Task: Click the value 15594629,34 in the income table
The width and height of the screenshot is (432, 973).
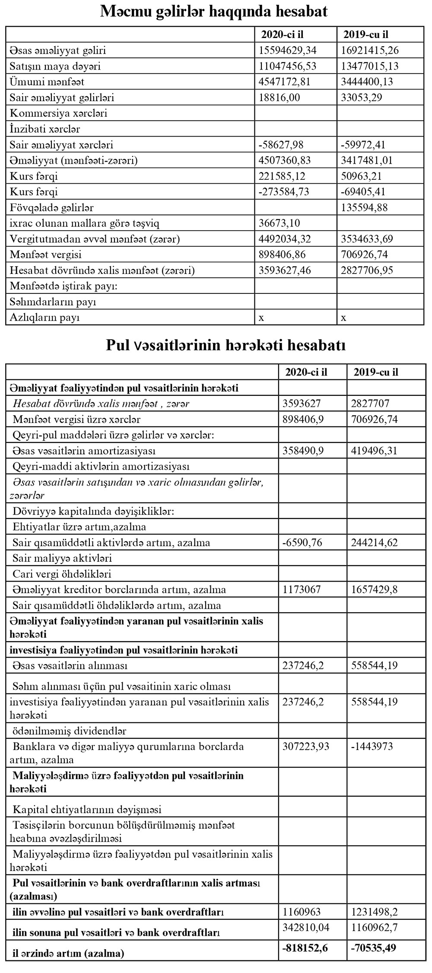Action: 287,51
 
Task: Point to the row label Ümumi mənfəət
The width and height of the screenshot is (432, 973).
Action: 47,82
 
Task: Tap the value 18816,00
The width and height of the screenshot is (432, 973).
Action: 279,97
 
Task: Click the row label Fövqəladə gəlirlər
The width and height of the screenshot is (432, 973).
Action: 52,207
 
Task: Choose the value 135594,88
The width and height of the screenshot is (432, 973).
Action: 364,207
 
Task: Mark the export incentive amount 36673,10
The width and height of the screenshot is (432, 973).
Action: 279,223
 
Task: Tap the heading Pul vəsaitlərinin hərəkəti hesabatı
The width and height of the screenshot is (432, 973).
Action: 226,346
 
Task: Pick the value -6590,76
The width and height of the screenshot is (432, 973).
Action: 302,542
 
